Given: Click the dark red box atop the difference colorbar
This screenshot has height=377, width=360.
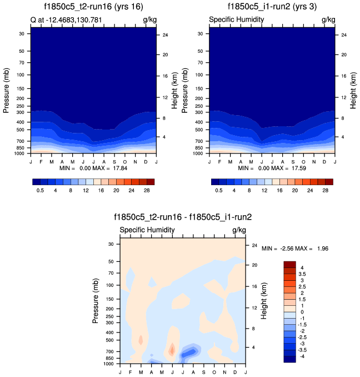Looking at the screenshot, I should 289,264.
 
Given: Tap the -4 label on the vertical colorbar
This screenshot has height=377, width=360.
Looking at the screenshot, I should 301,355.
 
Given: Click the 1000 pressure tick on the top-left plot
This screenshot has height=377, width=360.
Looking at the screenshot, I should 23,152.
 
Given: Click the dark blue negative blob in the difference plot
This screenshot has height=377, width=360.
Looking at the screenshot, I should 189,351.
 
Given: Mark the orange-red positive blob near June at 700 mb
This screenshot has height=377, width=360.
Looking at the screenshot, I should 172,350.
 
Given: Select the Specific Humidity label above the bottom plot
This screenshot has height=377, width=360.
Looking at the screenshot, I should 144,230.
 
